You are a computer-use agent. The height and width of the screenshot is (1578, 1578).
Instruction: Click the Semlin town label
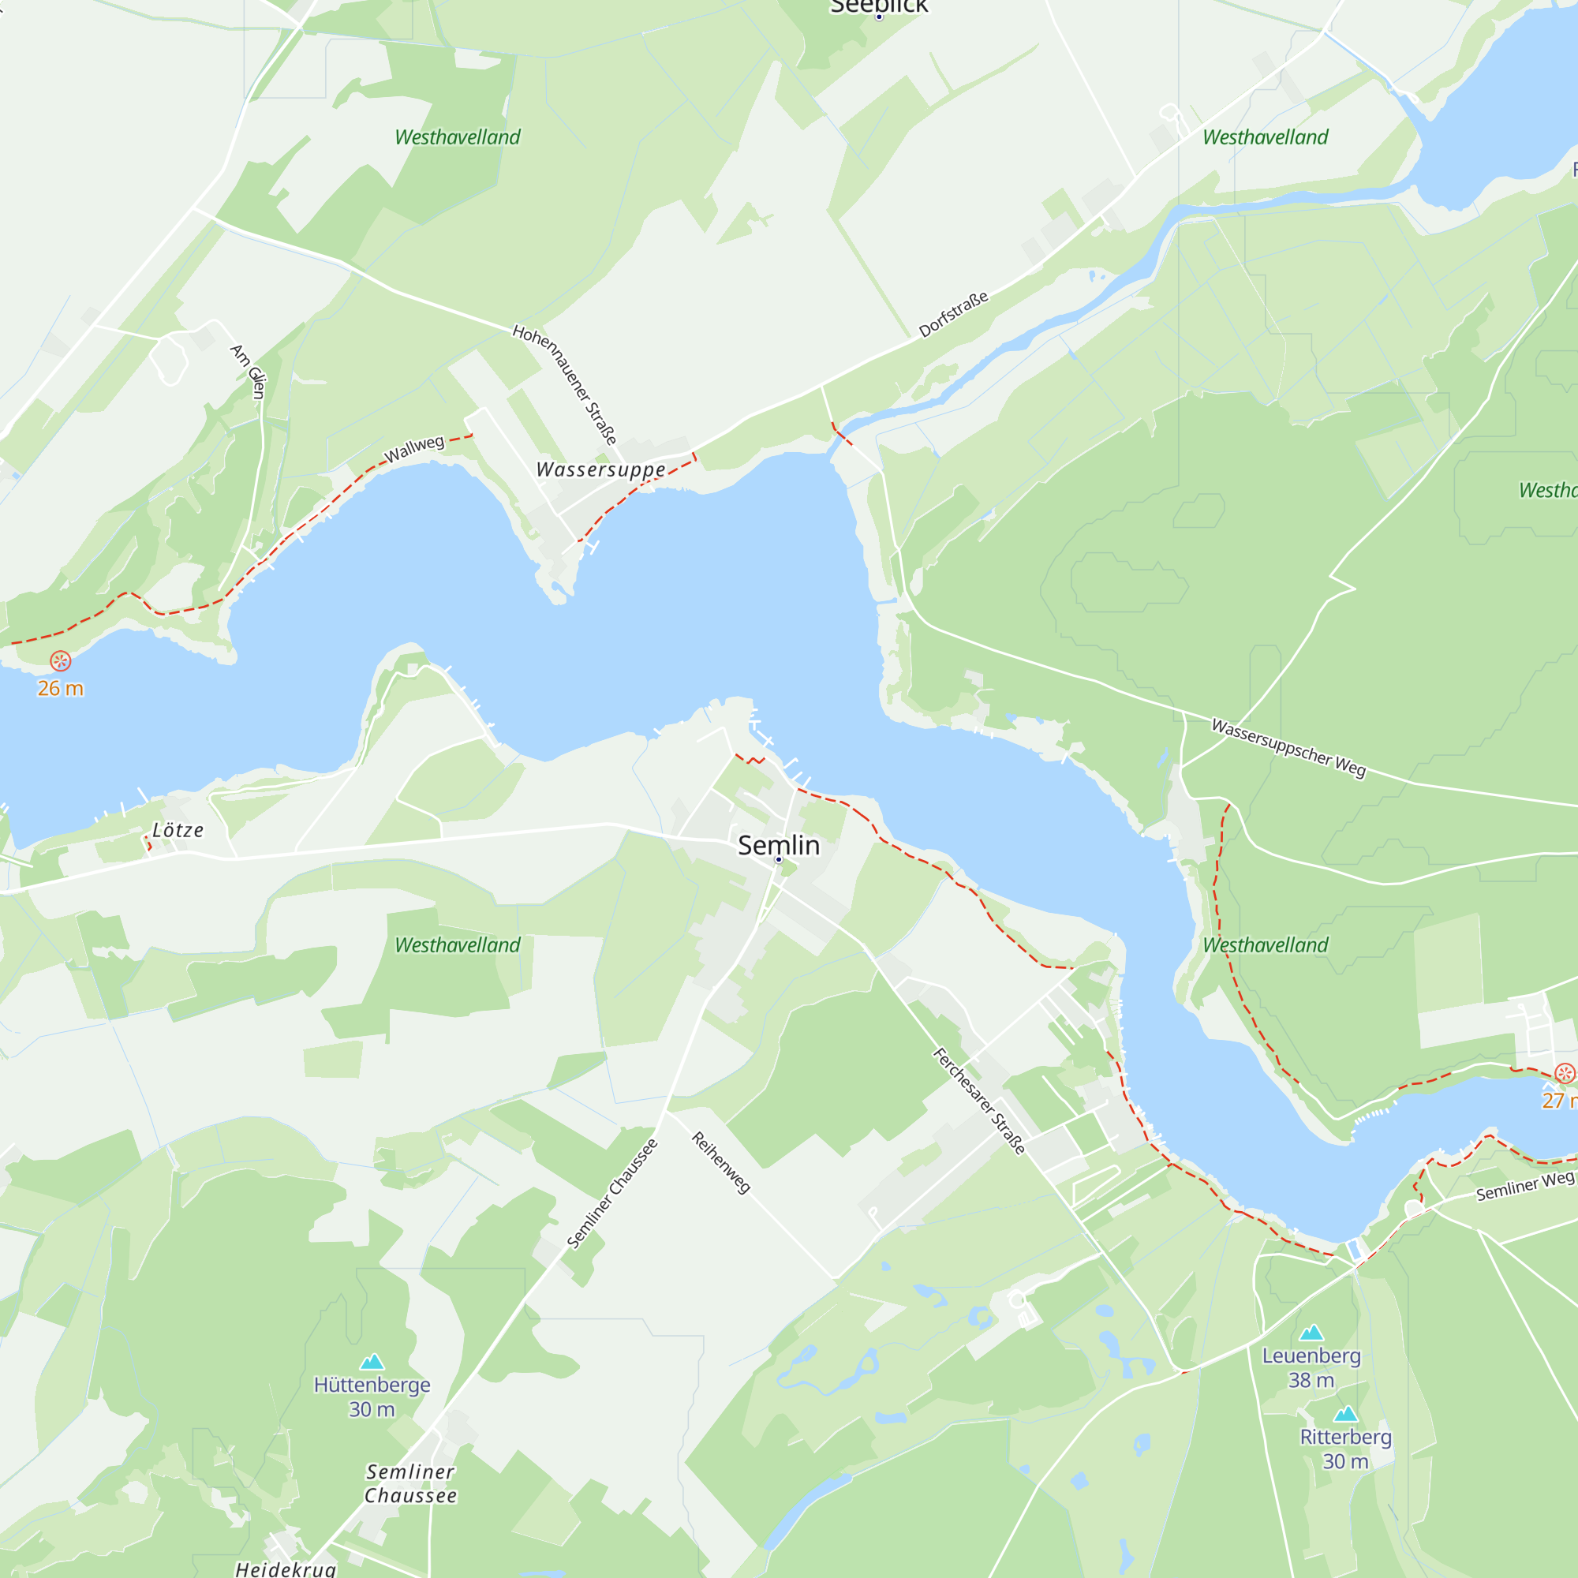coord(779,845)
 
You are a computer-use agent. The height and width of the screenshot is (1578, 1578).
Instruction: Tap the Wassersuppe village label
coord(600,469)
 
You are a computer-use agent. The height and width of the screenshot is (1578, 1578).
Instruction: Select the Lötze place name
coord(178,830)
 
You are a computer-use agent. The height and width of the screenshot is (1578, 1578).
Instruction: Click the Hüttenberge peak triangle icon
coord(372,1362)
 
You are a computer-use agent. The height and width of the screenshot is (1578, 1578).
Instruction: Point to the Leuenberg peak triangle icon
coord(1311,1333)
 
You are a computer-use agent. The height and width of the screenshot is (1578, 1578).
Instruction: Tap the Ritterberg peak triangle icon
coord(1345,1415)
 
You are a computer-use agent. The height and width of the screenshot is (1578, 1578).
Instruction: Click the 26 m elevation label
coord(61,689)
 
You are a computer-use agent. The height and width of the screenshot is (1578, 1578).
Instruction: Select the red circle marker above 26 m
coord(61,660)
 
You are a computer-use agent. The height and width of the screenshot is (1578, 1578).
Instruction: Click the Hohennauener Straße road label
coord(564,384)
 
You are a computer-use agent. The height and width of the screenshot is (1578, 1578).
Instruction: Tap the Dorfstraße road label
coord(953,314)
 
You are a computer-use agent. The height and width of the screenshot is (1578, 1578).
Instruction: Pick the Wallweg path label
coord(414,448)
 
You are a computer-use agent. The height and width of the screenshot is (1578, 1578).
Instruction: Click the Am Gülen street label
coord(249,372)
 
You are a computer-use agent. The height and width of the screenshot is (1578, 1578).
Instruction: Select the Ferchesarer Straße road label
coord(978,1101)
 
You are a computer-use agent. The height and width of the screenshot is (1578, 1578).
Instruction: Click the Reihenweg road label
coord(720,1162)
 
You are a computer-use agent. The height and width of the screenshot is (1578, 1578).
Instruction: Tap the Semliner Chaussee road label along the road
coord(611,1193)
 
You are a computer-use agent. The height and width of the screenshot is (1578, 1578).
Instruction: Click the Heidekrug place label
coord(285,1569)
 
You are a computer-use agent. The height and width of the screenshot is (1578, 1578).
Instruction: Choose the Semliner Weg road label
coord(1524,1186)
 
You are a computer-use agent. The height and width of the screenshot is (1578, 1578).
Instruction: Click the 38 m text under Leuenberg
coord(1311,1380)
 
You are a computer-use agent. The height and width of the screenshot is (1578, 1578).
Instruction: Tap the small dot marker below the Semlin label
coord(779,860)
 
